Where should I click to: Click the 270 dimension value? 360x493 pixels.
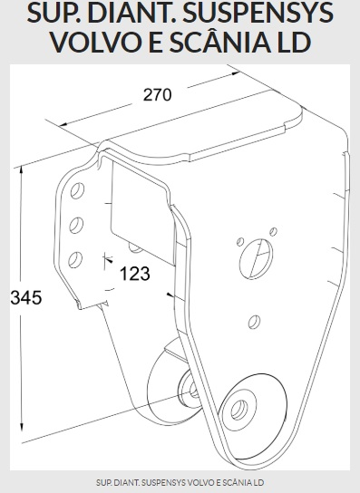click(158, 94)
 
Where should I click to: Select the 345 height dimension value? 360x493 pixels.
click(26, 297)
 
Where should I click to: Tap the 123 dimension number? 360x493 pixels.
click(135, 274)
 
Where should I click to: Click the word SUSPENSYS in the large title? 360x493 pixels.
click(258, 14)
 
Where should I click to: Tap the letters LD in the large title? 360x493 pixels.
click(294, 42)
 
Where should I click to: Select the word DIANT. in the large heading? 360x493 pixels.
click(132, 14)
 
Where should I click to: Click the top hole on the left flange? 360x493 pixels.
click(77, 190)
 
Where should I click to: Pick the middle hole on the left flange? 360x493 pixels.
click(76, 225)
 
